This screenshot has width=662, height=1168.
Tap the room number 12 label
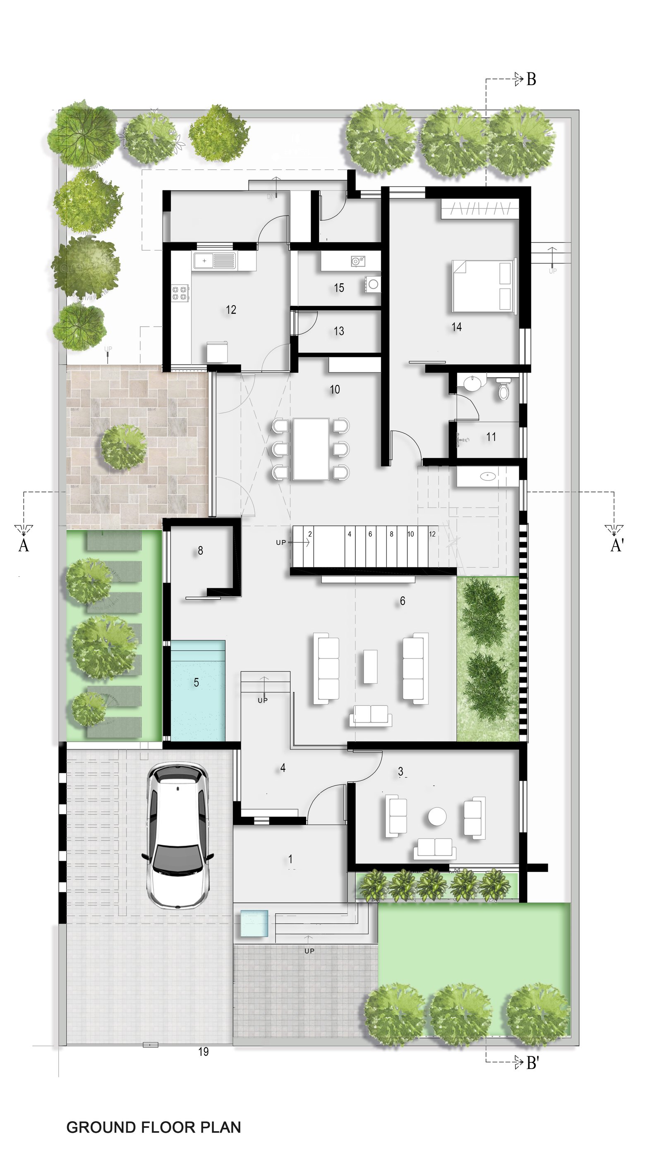click(231, 310)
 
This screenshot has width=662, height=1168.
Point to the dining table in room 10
click(311, 449)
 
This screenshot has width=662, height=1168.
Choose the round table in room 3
click(437, 817)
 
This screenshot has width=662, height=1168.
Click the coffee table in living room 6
click(370, 666)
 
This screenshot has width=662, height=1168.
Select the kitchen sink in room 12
click(215, 261)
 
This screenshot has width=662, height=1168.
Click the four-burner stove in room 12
click(180, 293)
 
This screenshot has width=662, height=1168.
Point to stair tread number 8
click(391, 534)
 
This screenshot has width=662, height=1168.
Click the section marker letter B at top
click(531, 79)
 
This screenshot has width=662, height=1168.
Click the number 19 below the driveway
click(203, 1052)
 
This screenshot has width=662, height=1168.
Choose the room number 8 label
click(200, 551)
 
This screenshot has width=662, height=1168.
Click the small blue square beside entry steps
click(254, 924)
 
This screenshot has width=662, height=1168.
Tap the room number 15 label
click(339, 288)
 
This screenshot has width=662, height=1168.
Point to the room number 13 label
click(339, 331)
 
